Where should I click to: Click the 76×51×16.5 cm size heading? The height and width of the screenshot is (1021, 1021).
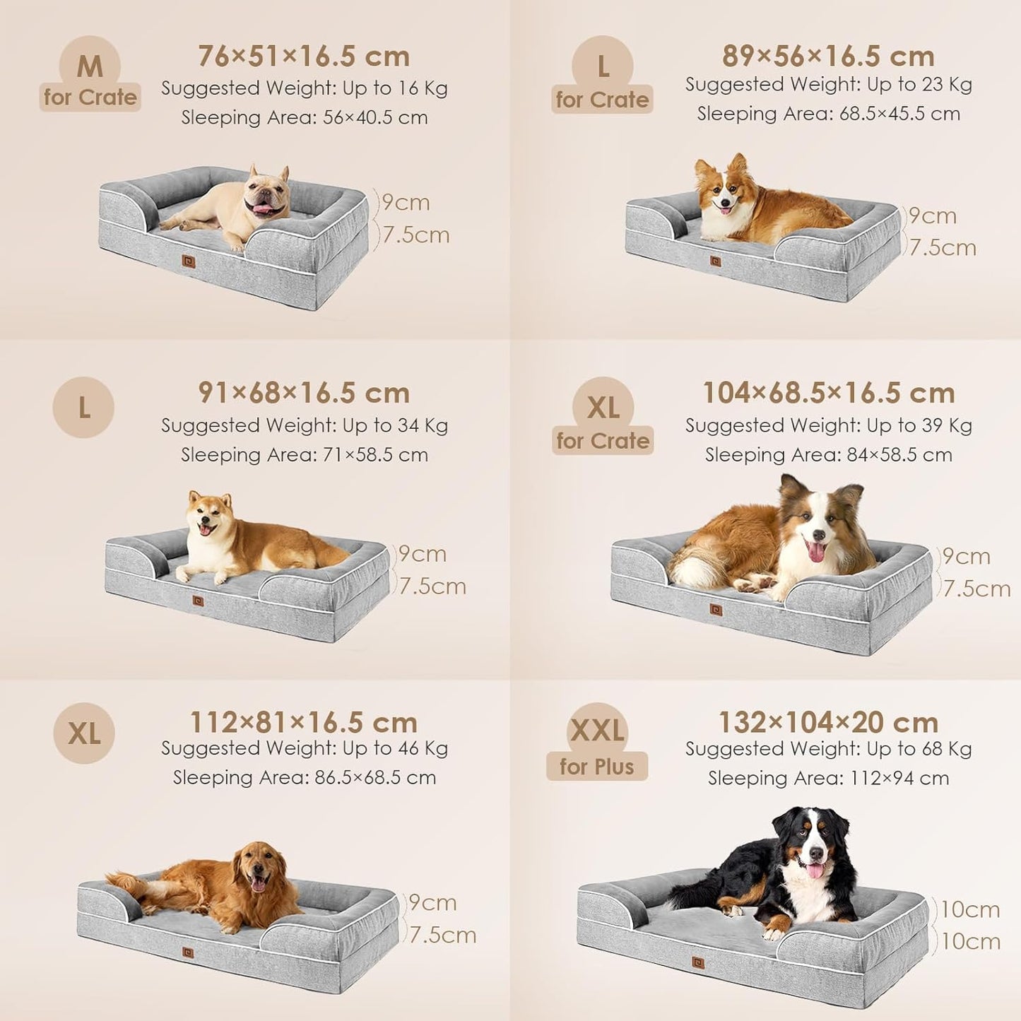(x=304, y=56)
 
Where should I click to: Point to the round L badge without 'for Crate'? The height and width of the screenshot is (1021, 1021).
(x=83, y=408)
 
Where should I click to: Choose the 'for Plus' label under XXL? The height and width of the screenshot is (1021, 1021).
(x=596, y=767)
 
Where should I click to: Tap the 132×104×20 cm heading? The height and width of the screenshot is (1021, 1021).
(x=828, y=722)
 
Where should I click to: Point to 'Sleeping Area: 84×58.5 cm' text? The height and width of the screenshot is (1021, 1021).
(x=828, y=455)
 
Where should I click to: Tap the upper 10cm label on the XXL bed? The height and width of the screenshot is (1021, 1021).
(x=970, y=909)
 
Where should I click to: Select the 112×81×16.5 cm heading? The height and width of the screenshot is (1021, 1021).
(x=304, y=722)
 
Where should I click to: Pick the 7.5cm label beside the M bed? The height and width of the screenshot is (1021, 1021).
(x=416, y=235)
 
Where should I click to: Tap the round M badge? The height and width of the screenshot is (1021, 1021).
(x=90, y=66)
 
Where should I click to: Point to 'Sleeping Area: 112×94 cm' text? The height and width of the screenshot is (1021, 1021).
(x=828, y=778)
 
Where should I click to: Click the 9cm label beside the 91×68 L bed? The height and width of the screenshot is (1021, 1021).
(x=423, y=554)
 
